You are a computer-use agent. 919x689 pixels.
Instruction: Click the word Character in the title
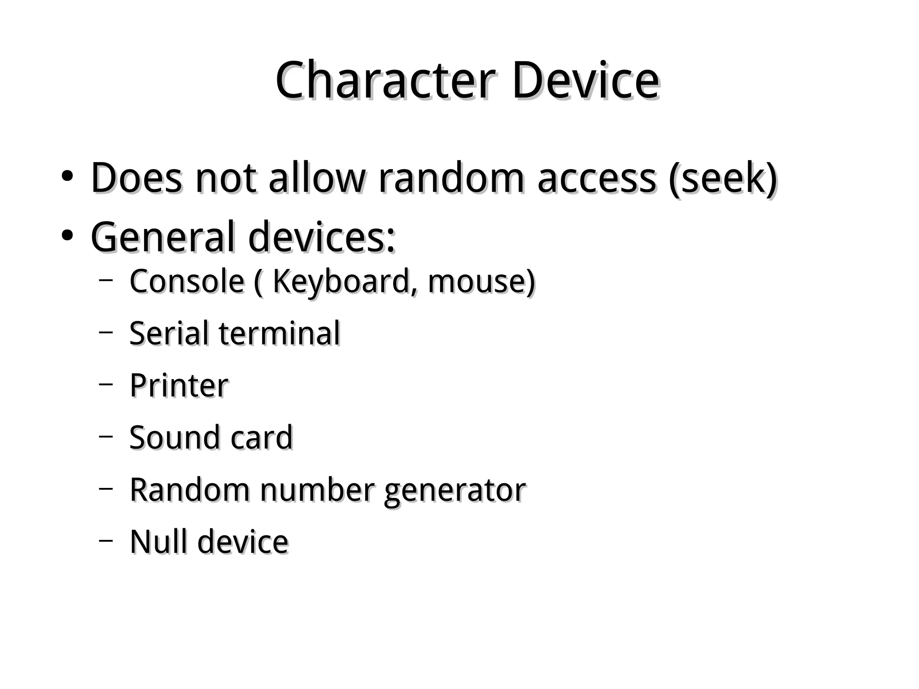[x=386, y=81]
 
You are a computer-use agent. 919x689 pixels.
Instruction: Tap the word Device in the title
[x=586, y=81]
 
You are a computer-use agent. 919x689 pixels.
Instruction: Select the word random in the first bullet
[x=451, y=178]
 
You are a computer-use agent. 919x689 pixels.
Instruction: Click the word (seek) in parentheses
[x=722, y=178]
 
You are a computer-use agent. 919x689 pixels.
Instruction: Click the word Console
[x=187, y=281]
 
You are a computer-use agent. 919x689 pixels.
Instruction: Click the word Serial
[x=169, y=334]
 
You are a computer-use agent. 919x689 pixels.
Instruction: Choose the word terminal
[x=280, y=334]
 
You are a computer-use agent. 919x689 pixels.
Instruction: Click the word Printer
[x=179, y=386]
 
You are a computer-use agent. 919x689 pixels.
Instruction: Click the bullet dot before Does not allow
[x=67, y=176]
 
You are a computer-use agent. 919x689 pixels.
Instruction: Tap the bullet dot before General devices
[x=67, y=235]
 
